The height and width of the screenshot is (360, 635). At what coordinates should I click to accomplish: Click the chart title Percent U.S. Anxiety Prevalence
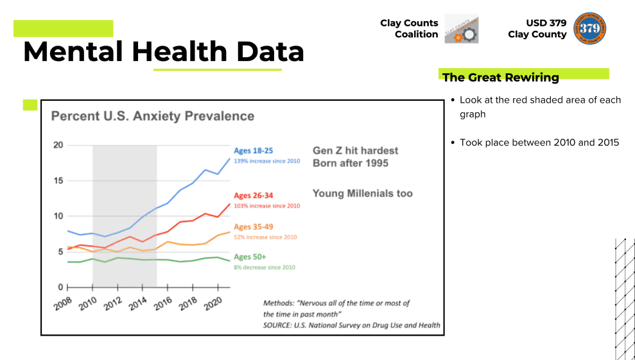152,116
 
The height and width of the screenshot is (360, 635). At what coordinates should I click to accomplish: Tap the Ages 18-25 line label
254,151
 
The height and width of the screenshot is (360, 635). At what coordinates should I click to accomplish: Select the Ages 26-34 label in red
254,196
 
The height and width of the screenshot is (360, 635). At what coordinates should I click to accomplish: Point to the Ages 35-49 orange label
254,227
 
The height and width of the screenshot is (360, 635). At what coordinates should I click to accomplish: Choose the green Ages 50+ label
250,257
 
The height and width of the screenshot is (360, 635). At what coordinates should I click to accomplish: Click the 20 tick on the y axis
58,145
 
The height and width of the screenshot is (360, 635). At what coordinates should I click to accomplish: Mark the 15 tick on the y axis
58,180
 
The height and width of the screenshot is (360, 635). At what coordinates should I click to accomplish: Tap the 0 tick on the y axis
60,287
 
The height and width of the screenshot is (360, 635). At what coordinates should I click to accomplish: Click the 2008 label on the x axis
63,304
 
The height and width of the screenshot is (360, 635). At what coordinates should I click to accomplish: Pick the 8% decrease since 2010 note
265,267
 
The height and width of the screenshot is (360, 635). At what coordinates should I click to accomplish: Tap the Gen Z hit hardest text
355,151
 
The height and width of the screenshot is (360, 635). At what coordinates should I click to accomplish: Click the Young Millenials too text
362,193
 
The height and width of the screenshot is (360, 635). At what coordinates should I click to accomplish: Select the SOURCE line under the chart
351,325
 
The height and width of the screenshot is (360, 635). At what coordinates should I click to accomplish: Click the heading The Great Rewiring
500,78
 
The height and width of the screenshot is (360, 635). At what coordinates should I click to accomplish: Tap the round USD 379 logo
590,28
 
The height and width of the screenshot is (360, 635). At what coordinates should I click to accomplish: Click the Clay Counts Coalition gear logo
461,29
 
